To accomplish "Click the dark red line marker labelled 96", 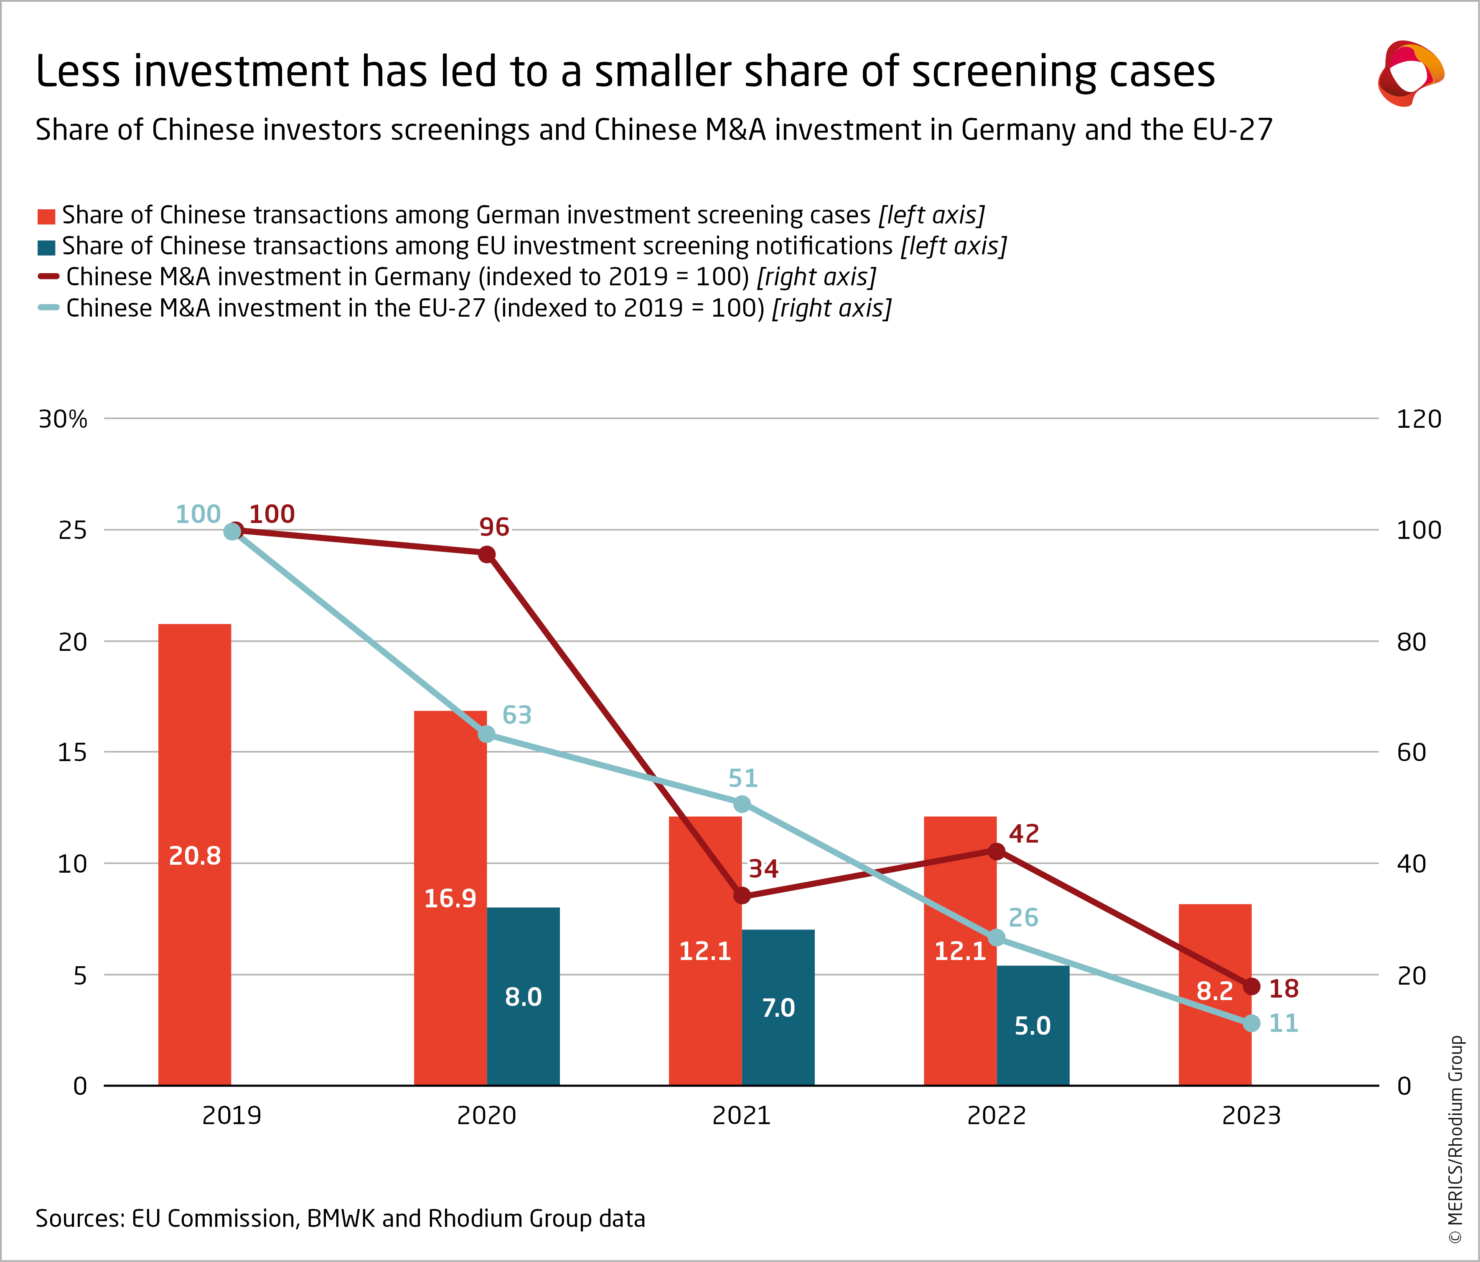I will [x=486, y=554].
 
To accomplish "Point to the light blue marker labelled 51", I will [x=742, y=803].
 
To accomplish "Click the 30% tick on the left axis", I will [x=63, y=419].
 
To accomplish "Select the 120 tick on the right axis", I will [x=1419, y=419].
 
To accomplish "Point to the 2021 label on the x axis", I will [x=741, y=1116].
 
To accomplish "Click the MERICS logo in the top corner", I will [x=1410, y=74].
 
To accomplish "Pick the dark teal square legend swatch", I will [x=46, y=247].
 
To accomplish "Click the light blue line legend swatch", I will [x=48, y=308].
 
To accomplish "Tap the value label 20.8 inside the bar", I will [x=194, y=856].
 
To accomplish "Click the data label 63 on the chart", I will [x=517, y=715].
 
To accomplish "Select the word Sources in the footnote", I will [x=77, y=1219].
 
